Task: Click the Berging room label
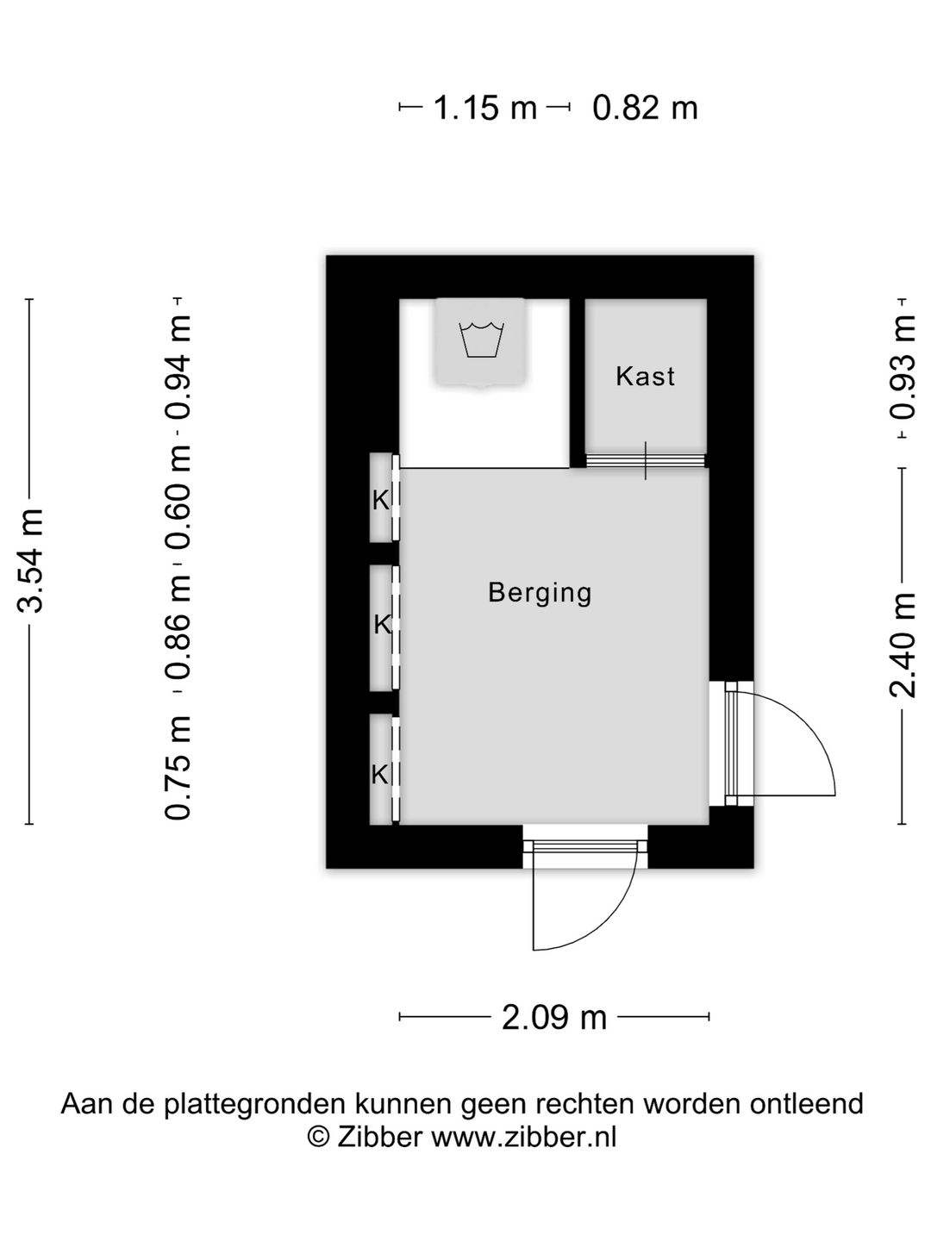(x=540, y=593)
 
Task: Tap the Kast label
(x=645, y=377)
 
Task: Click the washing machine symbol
(x=481, y=341)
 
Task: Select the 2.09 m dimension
(x=554, y=1018)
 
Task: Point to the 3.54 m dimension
(x=31, y=559)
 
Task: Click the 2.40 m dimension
(x=903, y=645)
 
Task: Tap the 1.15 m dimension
(x=484, y=109)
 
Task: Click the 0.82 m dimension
(x=645, y=109)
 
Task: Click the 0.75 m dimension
(x=178, y=768)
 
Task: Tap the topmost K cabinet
(x=381, y=499)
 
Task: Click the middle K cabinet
(x=382, y=625)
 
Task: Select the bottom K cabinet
(x=380, y=774)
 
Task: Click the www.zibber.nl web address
(x=523, y=1138)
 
